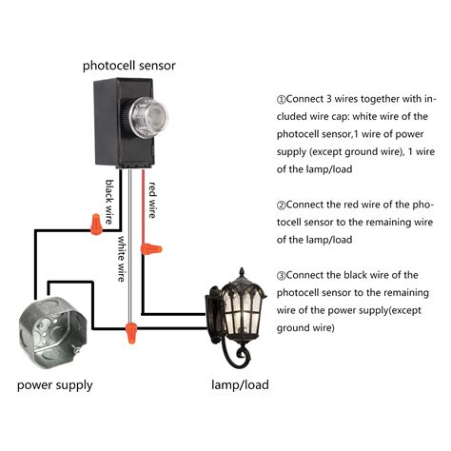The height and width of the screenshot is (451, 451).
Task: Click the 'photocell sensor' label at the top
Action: (128, 65)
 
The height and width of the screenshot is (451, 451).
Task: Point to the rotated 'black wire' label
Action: (110, 202)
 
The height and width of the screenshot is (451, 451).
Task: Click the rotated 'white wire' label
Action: (123, 260)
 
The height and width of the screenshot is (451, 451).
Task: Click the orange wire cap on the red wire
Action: (148, 249)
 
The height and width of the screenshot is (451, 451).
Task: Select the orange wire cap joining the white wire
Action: (127, 333)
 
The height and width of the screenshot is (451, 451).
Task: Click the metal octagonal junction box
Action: (53, 333)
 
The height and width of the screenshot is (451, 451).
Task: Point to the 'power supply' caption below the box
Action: (54, 385)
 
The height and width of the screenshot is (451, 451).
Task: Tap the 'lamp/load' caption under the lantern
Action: (239, 385)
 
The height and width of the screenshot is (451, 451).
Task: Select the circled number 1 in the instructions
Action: (281, 100)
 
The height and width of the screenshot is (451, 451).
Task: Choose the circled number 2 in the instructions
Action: (281, 205)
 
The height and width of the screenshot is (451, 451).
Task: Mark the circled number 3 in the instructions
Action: (281, 275)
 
